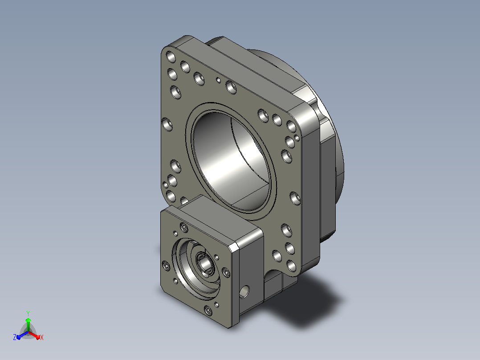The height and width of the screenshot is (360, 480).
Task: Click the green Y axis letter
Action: pos(28,313)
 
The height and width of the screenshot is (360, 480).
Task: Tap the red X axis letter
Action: pos(42,337)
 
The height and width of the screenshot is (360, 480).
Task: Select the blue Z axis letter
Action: pos(14,337)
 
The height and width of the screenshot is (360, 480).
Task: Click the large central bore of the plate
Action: pos(231,161)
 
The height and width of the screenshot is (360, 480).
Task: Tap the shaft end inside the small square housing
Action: pos(204,263)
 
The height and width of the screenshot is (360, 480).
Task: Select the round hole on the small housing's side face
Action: pos(244,292)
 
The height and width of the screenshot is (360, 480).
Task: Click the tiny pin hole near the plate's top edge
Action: pos(218,80)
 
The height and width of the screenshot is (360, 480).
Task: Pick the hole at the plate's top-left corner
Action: pos(171,57)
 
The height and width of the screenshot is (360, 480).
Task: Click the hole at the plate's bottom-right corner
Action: pos(292,266)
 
